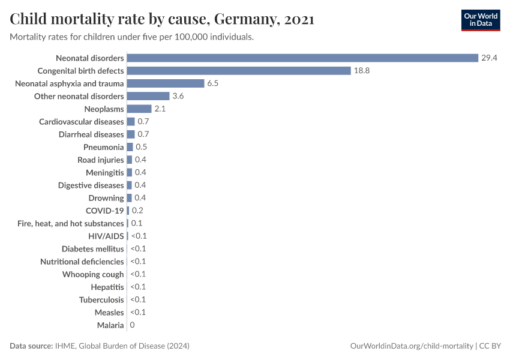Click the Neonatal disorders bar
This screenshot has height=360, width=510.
(302, 58)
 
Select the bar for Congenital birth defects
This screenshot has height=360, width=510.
(239, 71)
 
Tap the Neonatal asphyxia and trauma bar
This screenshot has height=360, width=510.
(166, 83)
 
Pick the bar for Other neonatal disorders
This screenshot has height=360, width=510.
(148, 96)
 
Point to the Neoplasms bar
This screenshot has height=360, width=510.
(139, 109)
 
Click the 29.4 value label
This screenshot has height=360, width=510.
(490, 58)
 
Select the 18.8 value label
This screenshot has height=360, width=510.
(362, 71)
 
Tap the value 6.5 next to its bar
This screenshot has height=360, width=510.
(213, 83)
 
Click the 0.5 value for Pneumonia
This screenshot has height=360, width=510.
(142, 147)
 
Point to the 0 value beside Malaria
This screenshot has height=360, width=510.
(132, 325)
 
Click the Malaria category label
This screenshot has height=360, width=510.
(110, 325)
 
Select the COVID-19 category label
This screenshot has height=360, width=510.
(105, 211)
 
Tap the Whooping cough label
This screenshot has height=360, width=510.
(93, 274)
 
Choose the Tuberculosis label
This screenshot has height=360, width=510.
(101, 299)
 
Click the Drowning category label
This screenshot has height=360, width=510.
(106, 198)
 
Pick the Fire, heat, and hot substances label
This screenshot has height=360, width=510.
(71, 223)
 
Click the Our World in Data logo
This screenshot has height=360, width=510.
(481, 20)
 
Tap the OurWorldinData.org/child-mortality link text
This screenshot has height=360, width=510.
(411, 346)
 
